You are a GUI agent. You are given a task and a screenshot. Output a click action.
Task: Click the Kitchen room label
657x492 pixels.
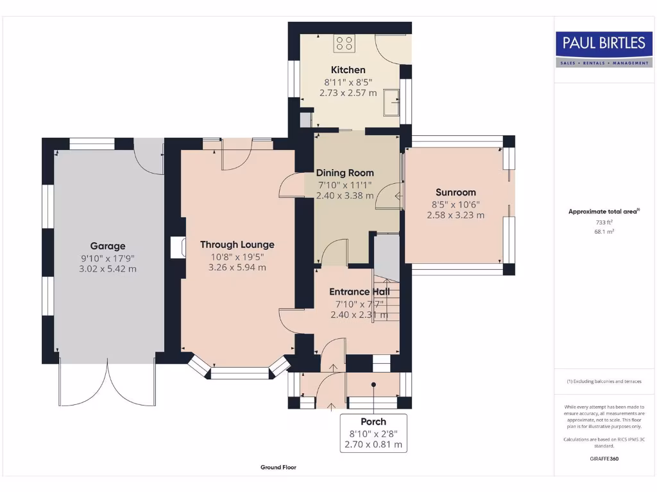point(348,70)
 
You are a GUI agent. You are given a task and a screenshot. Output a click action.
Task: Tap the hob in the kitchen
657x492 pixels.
point(345,43)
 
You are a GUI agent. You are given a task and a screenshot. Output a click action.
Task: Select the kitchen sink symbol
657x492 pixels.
point(391,102)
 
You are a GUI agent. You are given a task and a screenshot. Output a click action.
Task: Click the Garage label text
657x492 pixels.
point(108,246)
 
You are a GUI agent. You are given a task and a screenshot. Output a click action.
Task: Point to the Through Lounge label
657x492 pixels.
point(237,244)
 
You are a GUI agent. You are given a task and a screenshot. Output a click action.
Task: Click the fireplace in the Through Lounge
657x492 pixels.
point(178,248)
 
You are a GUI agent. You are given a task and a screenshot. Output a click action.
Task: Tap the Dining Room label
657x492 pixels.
point(345,173)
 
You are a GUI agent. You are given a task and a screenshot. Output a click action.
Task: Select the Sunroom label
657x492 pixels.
point(456,192)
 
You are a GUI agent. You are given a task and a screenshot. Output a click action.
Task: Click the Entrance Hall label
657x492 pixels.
point(359,291)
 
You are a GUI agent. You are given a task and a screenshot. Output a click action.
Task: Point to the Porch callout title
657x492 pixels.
point(373,422)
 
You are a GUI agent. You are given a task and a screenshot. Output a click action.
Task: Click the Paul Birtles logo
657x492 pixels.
point(604,49)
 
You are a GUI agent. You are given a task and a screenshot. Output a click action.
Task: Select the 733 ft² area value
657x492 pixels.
point(604,222)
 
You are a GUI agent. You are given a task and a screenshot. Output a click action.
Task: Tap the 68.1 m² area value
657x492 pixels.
point(604,232)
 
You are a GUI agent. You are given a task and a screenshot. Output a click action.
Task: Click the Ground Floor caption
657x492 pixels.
point(278,467)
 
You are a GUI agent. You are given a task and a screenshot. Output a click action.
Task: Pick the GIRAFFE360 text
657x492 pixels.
point(604,459)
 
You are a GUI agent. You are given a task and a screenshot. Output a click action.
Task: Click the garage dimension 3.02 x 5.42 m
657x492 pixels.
point(108,269)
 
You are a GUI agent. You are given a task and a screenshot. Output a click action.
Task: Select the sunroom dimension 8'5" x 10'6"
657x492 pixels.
point(456,204)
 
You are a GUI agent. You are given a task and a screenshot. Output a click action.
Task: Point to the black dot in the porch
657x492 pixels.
point(373,384)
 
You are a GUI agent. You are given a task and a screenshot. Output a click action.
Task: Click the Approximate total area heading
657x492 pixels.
point(604,211)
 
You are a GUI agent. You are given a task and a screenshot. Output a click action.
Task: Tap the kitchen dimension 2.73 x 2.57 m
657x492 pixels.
point(348,93)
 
